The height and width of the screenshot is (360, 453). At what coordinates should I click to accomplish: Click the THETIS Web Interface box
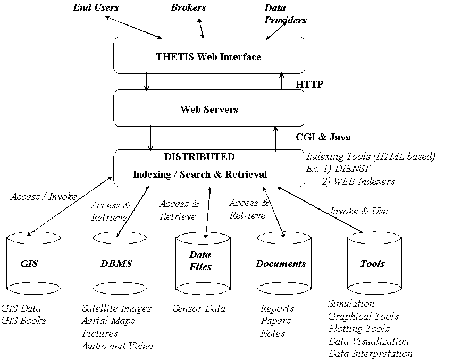(x=209, y=56)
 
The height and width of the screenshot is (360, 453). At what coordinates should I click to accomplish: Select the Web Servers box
(x=209, y=110)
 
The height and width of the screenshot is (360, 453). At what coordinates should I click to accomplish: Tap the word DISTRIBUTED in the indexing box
(x=199, y=157)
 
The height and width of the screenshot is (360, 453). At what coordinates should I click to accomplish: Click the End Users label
(x=96, y=7)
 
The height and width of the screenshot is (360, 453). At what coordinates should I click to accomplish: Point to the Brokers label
(x=188, y=7)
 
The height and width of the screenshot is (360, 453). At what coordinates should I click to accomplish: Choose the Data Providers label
(x=284, y=14)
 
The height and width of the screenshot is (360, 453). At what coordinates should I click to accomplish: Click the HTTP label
(x=309, y=84)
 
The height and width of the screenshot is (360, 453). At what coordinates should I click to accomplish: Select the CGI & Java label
(x=323, y=137)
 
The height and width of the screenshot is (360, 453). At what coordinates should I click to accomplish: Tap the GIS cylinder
(x=33, y=263)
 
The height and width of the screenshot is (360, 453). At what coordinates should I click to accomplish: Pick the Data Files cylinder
(x=202, y=263)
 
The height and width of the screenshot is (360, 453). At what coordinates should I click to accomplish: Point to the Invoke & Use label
(x=359, y=211)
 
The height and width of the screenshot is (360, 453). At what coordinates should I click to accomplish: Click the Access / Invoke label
(x=44, y=197)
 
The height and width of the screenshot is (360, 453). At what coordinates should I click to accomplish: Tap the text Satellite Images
(x=116, y=308)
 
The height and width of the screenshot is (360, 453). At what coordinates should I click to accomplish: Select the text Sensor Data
(x=199, y=308)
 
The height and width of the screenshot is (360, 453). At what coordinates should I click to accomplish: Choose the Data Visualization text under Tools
(x=368, y=341)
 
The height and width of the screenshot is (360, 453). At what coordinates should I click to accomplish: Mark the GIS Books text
(x=23, y=321)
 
